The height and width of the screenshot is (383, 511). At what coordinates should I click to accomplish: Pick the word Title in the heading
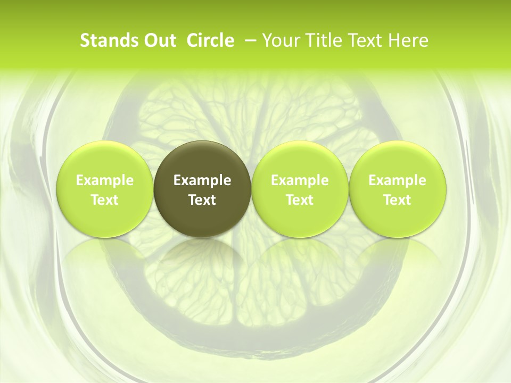click(x=320, y=40)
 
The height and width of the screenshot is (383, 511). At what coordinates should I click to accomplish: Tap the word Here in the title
click(x=408, y=40)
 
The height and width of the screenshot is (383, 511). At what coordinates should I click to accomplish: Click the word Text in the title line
click(x=365, y=40)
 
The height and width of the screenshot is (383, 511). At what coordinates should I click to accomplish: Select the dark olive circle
click(x=202, y=189)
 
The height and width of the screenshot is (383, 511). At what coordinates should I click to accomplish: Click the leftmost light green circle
click(x=104, y=189)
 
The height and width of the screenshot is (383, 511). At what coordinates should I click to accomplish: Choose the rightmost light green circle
click(x=398, y=189)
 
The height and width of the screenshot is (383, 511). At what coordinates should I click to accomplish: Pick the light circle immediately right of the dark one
click(x=300, y=189)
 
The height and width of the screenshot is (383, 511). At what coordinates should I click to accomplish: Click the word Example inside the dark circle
click(x=202, y=180)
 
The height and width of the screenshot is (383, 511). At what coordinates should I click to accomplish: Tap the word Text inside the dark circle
click(x=202, y=200)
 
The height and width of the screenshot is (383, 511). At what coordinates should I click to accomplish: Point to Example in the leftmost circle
click(x=104, y=180)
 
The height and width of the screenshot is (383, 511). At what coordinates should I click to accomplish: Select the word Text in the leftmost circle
click(x=104, y=200)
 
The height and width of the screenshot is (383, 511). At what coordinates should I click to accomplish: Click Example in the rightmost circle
click(x=398, y=180)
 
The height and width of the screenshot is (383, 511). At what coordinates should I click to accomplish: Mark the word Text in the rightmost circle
click(x=398, y=200)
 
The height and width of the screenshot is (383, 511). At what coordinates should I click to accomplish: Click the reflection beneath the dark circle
click(x=202, y=255)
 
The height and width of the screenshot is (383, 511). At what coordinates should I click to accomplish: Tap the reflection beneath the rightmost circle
click(x=398, y=255)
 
